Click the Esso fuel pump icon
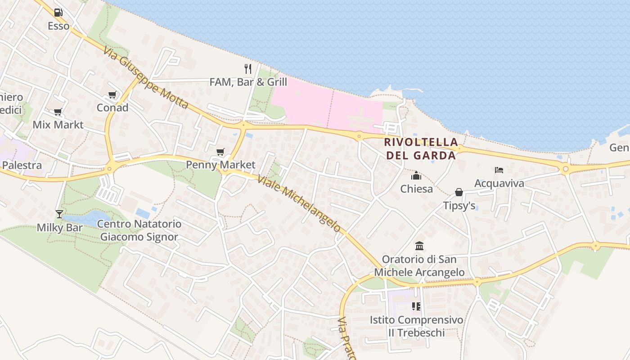click(58, 13)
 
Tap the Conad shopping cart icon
click(112, 95)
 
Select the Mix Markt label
click(58, 125)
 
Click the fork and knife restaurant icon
click(248, 68)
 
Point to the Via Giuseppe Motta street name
click(145, 77)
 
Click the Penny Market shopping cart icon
click(220, 152)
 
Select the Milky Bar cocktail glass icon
click(59, 214)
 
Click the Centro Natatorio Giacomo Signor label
click(139, 230)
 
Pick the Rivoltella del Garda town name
click(420, 149)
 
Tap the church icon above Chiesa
click(416, 175)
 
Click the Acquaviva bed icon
click(499, 170)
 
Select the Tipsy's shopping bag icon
click(459, 193)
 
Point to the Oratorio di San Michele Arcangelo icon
click(419, 246)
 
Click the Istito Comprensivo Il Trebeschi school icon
click(416, 306)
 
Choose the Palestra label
click(22, 165)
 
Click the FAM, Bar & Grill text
click(248, 82)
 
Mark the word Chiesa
click(417, 189)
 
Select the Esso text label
click(58, 26)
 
